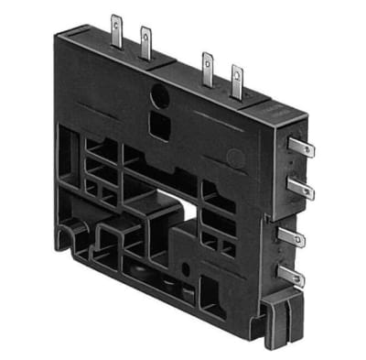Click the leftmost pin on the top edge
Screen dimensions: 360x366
pyautogui.click(x=115, y=25)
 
